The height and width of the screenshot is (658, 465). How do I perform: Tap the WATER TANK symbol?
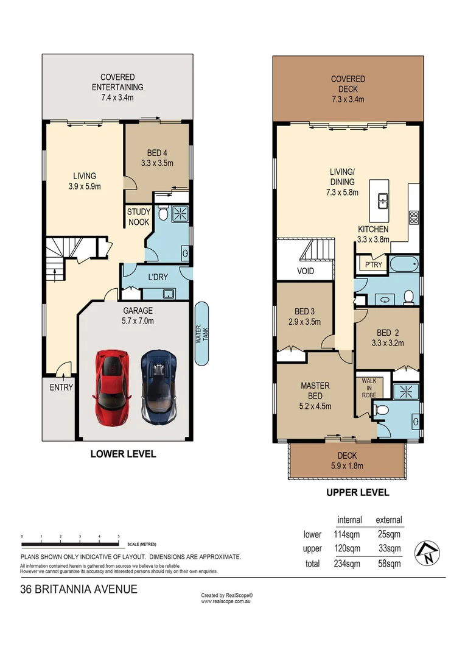[x=201, y=334]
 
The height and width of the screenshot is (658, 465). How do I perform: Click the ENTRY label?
[x=61, y=387]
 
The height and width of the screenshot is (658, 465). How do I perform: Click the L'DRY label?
[x=158, y=277]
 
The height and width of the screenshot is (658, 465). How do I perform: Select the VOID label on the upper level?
[x=306, y=271]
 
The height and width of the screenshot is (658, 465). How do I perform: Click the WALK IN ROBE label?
[x=369, y=387]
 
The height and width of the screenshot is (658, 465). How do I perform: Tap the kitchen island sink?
[x=384, y=199]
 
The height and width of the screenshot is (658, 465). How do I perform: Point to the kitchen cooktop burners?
[x=413, y=217]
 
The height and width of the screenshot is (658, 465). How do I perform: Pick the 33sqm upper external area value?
[x=389, y=548]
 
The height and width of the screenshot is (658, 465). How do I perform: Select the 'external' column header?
[x=389, y=520]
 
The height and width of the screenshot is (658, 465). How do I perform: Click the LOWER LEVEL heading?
[x=123, y=454]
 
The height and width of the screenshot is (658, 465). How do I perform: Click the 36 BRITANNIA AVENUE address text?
[x=79, y=589]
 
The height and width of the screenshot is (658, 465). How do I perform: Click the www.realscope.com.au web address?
[x=226, y=601]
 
